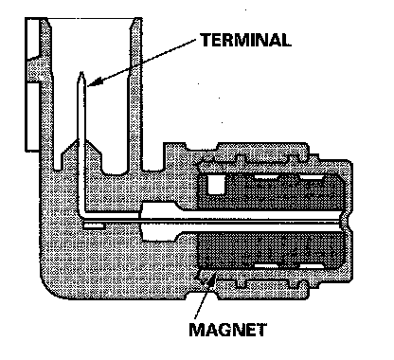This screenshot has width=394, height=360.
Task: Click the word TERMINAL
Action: click(246, 40)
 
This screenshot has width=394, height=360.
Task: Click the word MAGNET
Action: click(228, 330)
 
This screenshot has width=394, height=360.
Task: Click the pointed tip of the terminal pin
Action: click(81, 73)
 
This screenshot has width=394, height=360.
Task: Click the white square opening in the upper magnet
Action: click(216, 184)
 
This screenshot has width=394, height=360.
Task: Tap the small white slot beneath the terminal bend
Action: click(94, 225)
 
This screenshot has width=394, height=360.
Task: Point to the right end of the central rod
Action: click(349, 221)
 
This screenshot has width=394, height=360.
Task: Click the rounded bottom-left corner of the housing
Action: click(50, 288)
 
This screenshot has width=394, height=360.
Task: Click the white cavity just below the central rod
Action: click(158, 233)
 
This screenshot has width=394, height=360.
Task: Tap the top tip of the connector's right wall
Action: click(136, 19)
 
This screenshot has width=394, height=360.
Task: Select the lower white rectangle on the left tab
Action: click(32, 117)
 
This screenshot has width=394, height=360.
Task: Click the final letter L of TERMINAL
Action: click(285, 40)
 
